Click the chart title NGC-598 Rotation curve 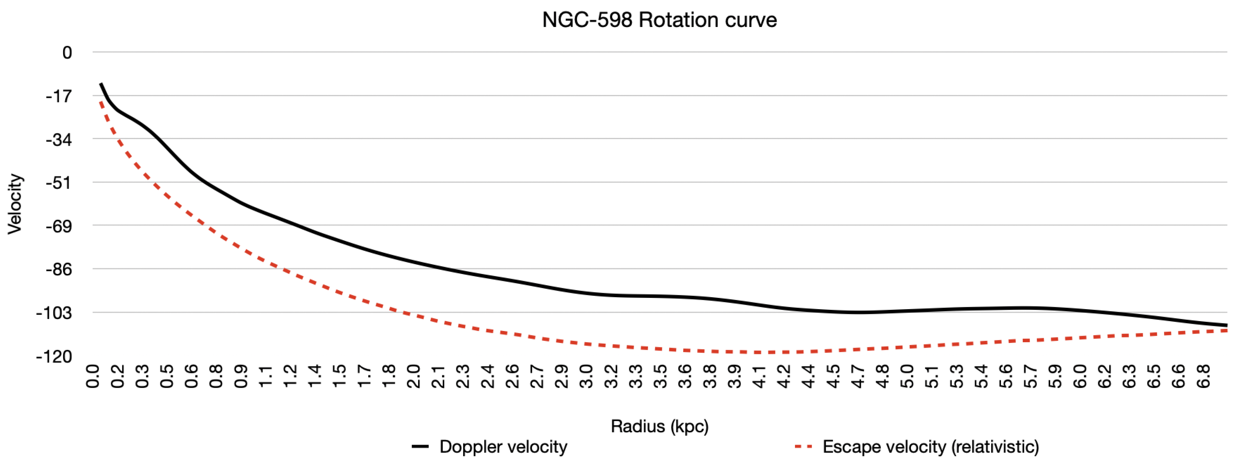pyautogui.click(x=659, y=20)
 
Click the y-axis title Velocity pyautogui.click(x=14, y=204)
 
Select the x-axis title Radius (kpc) pyautogui.click(x=659, y=426)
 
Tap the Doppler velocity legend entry pyautogui.click(x=490, y=447)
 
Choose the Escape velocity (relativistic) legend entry pyautogui.click(x=916, y=447)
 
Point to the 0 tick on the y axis pyautogui.click(x=67, y=52)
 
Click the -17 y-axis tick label pyautogui.click(x=59, y=96)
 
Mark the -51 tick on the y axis pyautogui.click(x=59, y=183)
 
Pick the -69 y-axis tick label pyautogui.click(x=59, y=226)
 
